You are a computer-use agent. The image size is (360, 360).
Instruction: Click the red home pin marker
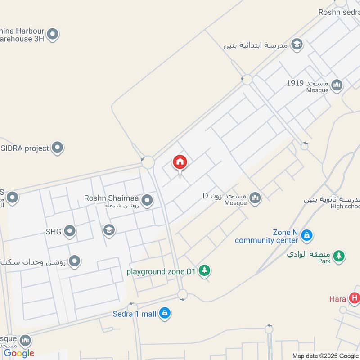(180, 162)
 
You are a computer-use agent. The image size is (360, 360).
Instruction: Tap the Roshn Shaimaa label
(112, 198)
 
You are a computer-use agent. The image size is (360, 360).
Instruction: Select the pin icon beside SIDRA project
(58, 147)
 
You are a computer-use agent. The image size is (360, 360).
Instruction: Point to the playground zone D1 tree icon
(205, 270)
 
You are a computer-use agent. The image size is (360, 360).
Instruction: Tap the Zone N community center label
(266, 236)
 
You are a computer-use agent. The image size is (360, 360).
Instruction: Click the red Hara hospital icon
(355, 298)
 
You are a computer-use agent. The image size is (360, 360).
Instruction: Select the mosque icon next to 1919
(337, 84)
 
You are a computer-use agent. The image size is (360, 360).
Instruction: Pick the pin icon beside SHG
(69, 231)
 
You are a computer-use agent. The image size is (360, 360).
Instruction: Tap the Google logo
(19, 353)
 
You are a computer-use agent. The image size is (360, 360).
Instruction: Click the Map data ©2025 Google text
(325, 355)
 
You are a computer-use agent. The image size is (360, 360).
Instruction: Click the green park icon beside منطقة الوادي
(339, 256)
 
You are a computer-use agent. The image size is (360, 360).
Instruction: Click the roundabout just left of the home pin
(148, 162)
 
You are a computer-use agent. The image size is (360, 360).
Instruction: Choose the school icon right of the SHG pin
(108, 230)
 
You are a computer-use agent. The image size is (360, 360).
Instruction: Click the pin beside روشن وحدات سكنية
(75, 261)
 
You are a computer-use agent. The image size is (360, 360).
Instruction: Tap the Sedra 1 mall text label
(134, 313)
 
